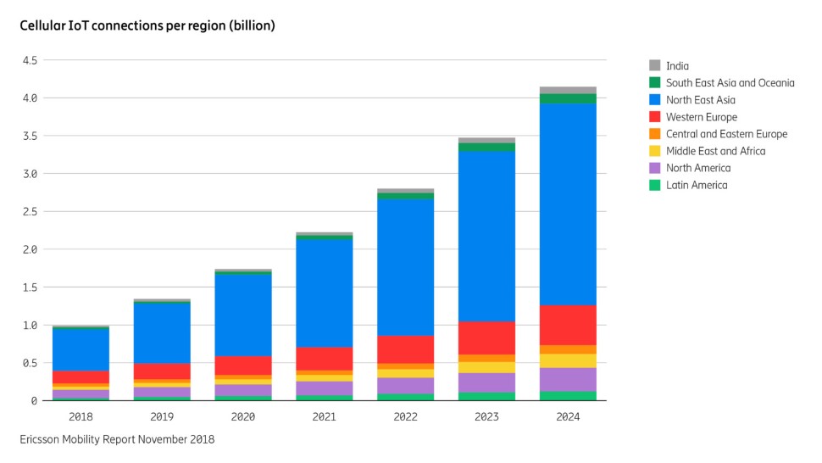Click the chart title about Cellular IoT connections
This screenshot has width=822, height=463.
[147, 25]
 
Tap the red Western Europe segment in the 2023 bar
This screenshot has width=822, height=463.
[486, 337]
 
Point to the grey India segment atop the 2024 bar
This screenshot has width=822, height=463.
[568, 90]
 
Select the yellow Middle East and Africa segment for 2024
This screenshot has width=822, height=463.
[568, 360]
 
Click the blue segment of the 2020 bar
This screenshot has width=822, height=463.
[243, 315]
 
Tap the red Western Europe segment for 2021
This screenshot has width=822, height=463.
[325, 359]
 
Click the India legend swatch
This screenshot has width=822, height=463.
[654, 66]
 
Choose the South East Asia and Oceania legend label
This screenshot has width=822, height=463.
[730, 83]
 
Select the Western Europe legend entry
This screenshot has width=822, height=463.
[701, 117]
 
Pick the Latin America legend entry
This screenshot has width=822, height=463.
[696, 185]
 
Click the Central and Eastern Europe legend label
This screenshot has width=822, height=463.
[726, 134]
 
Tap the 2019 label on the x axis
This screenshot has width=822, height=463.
[162, 416]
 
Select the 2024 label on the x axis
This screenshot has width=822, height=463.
[568, 416]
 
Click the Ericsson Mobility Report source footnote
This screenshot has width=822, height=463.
[117, 439]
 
